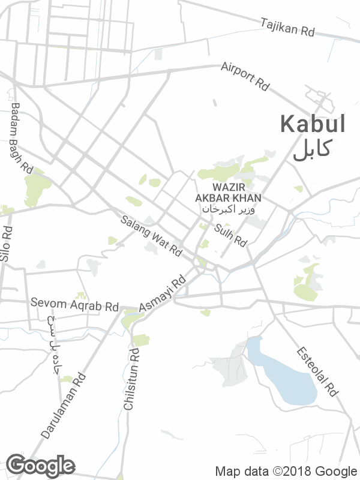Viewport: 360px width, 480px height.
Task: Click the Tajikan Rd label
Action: pyautogui.click(x=288, y=28)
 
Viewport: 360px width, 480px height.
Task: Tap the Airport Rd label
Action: pyautogui.click(x=245, y=76)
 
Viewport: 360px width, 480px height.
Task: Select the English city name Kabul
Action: pyautogui.click(x=313, y=124)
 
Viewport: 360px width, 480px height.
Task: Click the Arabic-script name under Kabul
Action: pyautogui.click(x=312, y=149)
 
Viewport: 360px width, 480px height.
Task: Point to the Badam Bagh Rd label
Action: pyautogui.click(x=21, y=139)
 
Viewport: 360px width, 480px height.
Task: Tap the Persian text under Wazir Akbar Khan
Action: pyautogui.click(x=228, y=209)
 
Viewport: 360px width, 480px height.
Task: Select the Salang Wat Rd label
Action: pyautogui.click(x=151, y=236)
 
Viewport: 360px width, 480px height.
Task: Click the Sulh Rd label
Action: pyautogui.click(x=230, y=235)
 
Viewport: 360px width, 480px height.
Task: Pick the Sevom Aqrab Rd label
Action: pyautogui.click(x=75, y=305)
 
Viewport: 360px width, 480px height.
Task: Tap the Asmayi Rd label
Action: pyautogui.click(x=163, y=294)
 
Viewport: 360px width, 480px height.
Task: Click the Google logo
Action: pyautogui.click(x=41, y=466)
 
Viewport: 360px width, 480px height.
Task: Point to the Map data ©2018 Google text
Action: pyautogui.click(x=286, y=471)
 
